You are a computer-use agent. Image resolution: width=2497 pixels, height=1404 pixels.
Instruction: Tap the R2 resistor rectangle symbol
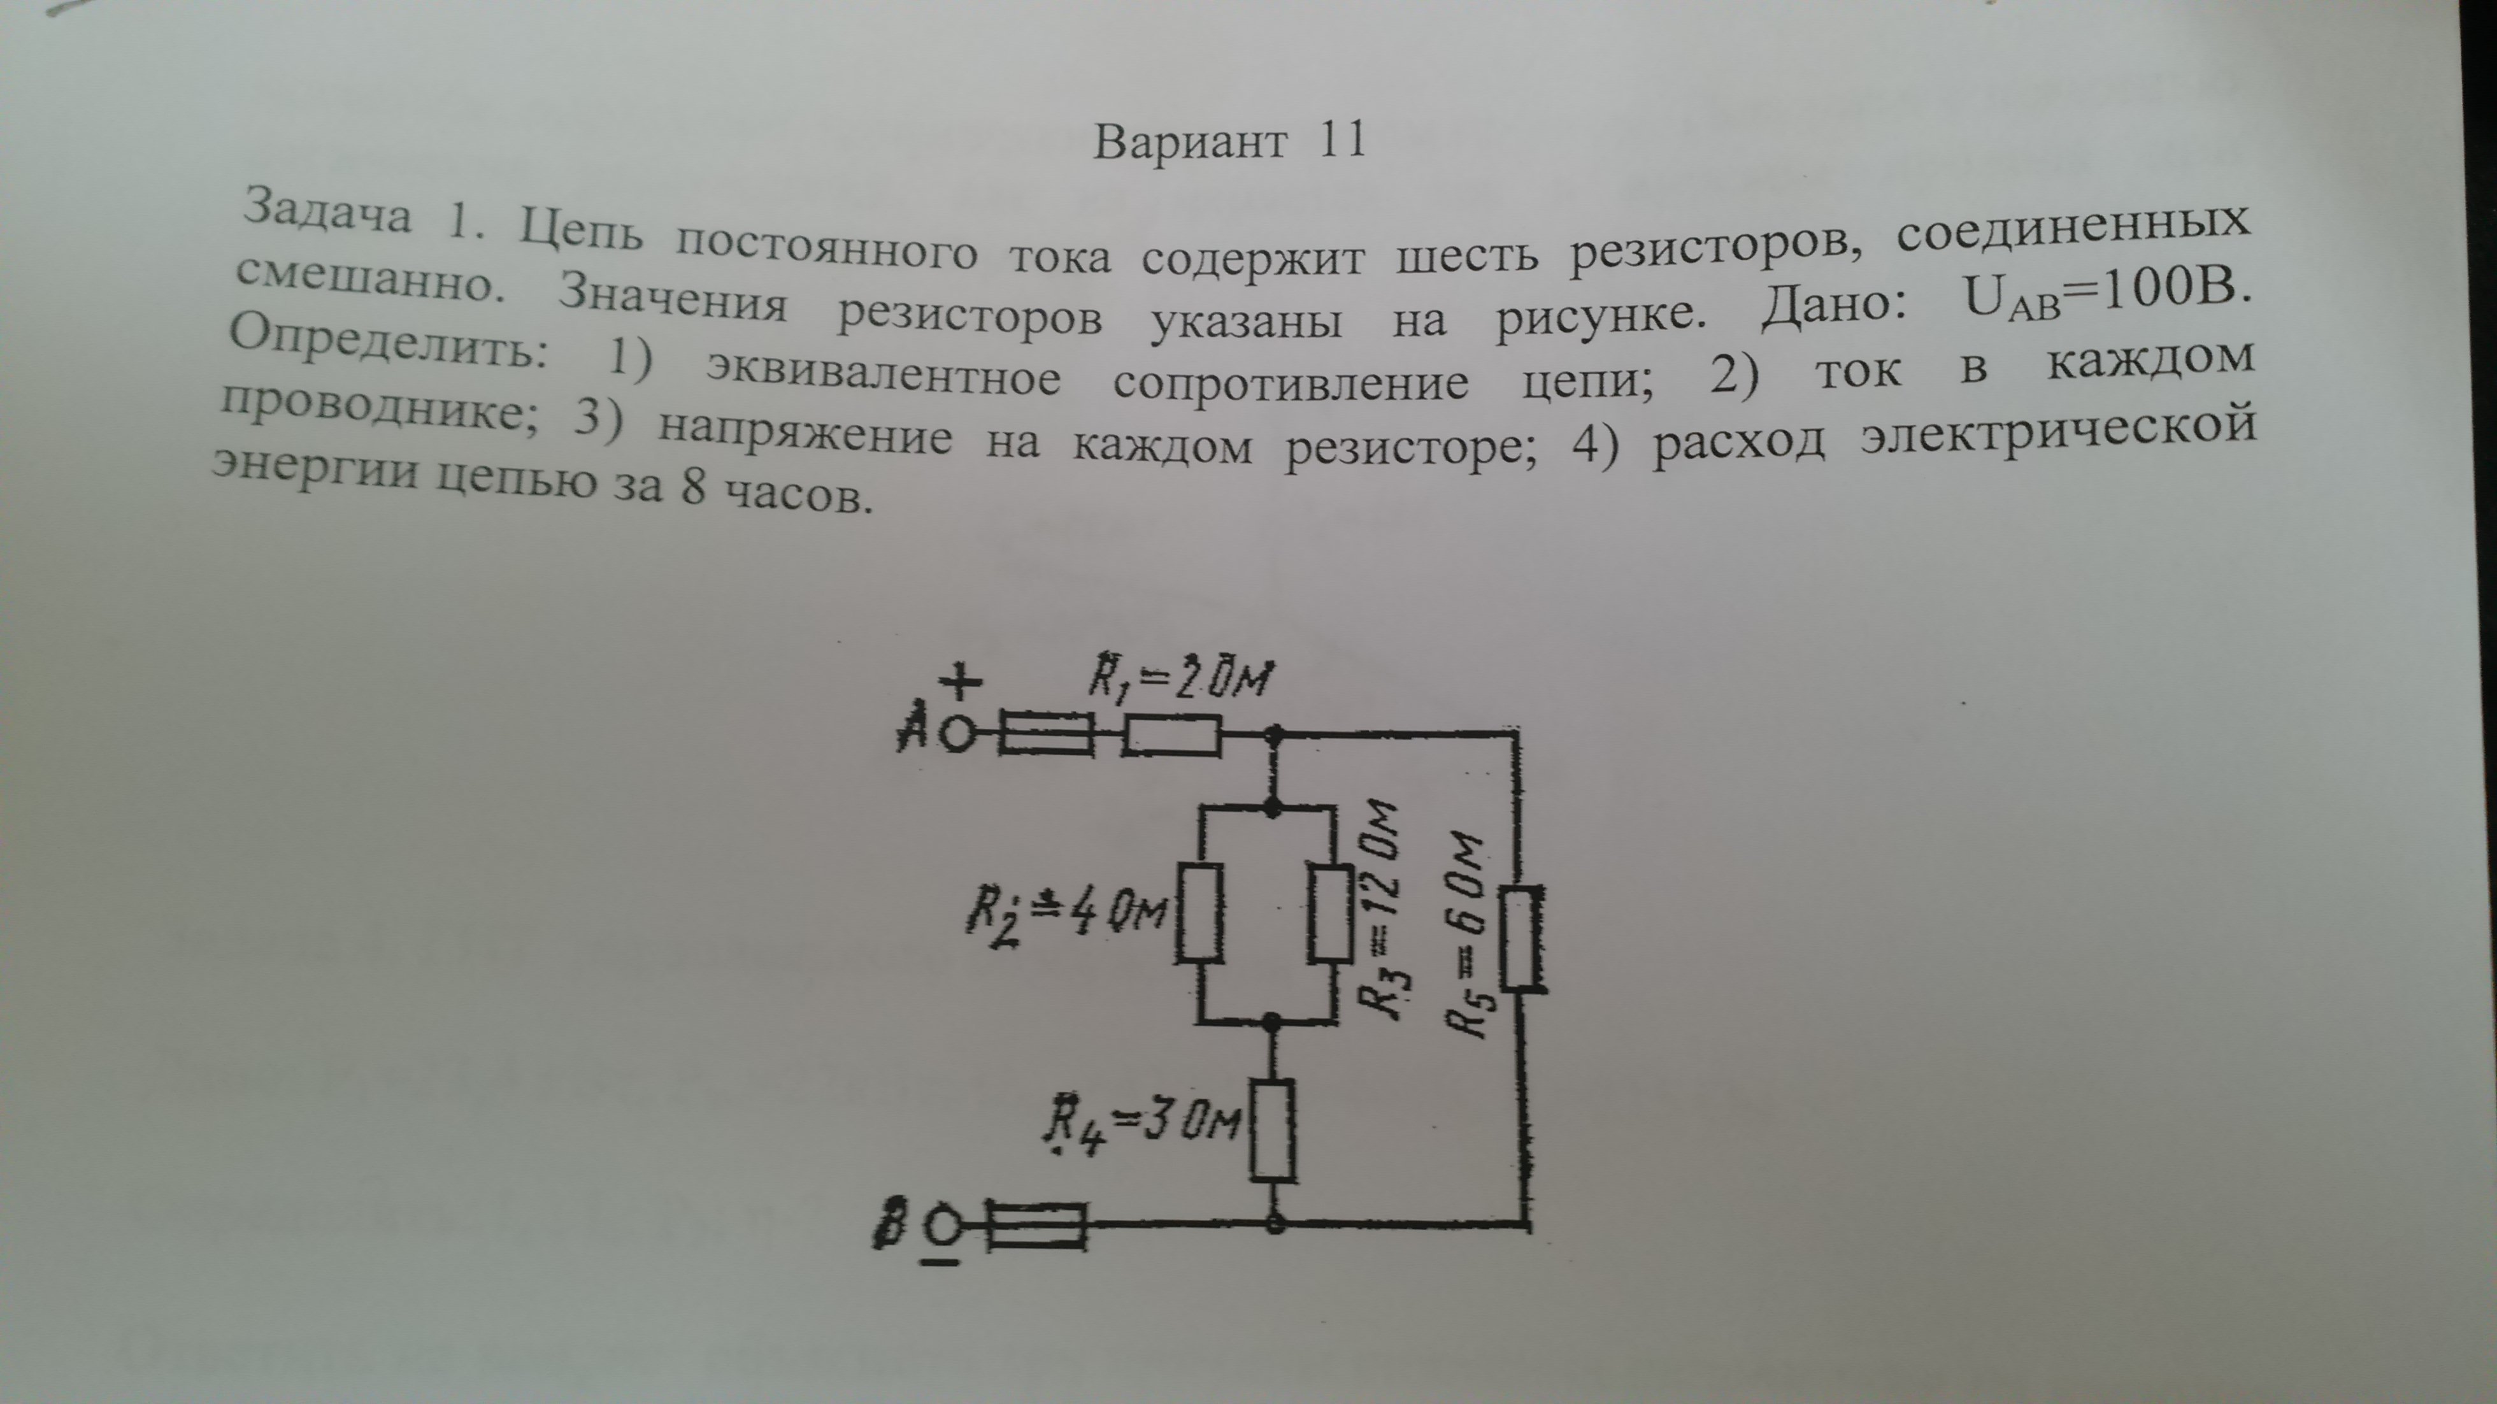tap(1199, 912)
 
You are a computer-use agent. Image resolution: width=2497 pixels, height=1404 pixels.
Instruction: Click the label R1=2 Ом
tap(1178, 678)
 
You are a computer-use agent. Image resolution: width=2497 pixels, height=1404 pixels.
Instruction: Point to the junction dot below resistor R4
tap(1275, 1224)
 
